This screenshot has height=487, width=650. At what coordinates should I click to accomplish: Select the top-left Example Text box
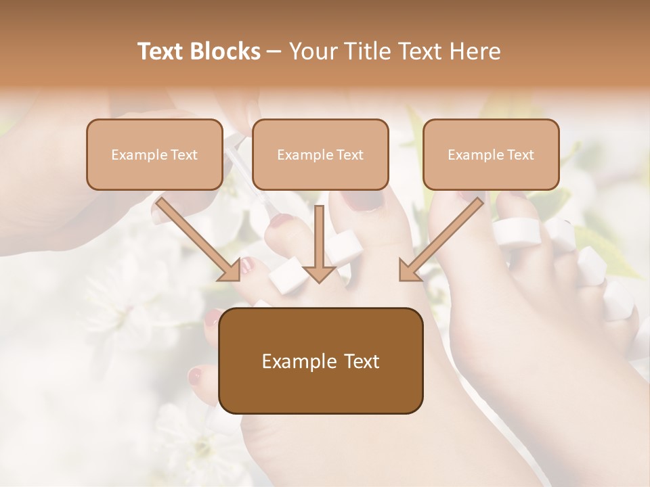coord(154,154)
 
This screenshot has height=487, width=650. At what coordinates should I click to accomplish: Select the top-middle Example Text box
coord(320,154)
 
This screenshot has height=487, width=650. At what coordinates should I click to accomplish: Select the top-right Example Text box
coord(491,154)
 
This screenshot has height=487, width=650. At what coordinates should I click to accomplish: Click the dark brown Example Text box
coord(320,361)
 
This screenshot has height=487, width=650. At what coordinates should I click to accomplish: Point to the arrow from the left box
coord(200,237)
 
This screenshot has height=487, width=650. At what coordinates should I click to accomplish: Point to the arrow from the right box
coord(440,237)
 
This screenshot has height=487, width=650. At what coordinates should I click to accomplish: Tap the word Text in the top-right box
coord(520,155)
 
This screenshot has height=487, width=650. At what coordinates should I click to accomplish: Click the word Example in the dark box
coord(298,361)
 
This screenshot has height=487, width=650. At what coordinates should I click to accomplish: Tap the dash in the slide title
coord(274,51)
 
